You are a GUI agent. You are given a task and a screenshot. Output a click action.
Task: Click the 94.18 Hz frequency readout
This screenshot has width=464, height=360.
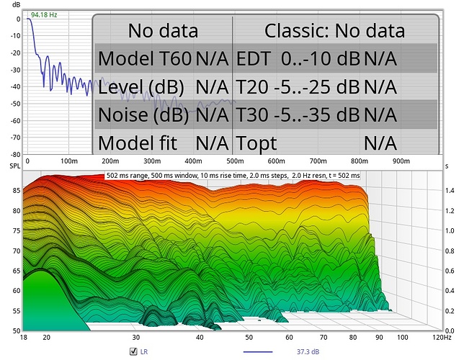pyautogui.click(x=45, y=13)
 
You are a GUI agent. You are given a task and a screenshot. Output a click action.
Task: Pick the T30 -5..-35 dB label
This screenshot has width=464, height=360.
pyautogui.click(x=298, y=114)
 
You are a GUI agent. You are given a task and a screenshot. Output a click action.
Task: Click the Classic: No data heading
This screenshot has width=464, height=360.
pyautogui.click(x=334, y=30)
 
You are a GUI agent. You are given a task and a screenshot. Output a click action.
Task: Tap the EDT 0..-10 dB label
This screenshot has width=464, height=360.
pyautogui.click(x=298, y=58)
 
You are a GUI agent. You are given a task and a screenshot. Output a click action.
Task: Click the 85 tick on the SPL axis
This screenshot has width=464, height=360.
pyautogui.click(x=15, y=191)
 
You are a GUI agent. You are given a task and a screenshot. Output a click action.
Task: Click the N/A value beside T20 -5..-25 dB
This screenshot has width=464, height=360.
pyautogui.click(x=380, y=86)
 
